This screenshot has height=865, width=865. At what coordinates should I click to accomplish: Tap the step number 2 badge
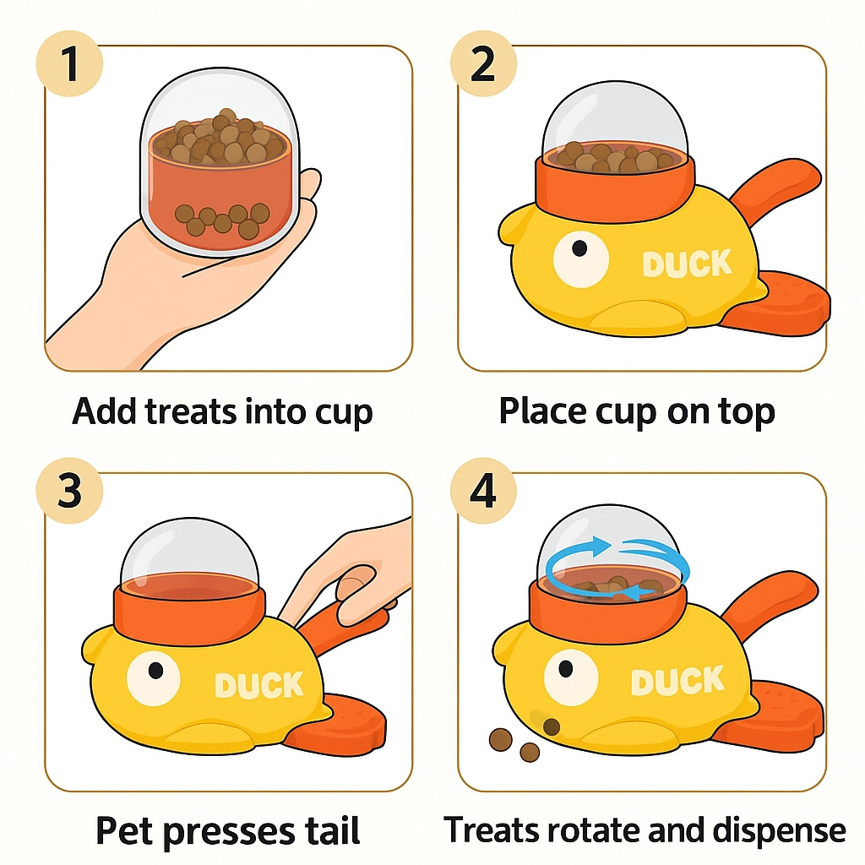click(482, 65)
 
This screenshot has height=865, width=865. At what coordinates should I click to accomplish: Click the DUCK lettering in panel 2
click(687, 264)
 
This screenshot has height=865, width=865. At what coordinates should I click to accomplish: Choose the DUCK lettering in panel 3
click(259, 684)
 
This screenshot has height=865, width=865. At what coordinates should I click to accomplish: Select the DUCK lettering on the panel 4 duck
click(677, 681)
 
